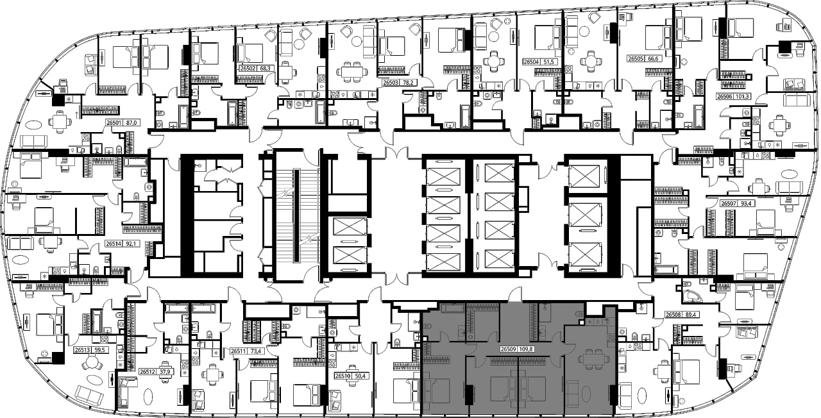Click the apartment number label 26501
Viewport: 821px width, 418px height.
114,123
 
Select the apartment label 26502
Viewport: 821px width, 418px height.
248,68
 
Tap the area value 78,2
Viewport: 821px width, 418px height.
408,83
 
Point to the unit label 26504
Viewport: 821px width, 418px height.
531,62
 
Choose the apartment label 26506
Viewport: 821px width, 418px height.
725,96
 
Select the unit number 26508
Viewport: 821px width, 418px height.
673,314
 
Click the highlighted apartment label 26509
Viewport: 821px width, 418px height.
509,349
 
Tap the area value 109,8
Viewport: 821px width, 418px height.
526,349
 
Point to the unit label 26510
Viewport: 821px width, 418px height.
343,376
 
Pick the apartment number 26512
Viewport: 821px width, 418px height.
148,372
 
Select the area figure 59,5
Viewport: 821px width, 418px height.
99,350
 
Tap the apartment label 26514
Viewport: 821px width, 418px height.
114,243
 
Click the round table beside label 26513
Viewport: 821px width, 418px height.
90,364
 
